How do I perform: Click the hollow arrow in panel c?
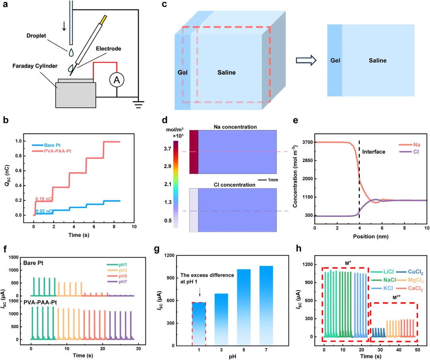(306, 60)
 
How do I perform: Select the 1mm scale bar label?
(273, 180)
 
